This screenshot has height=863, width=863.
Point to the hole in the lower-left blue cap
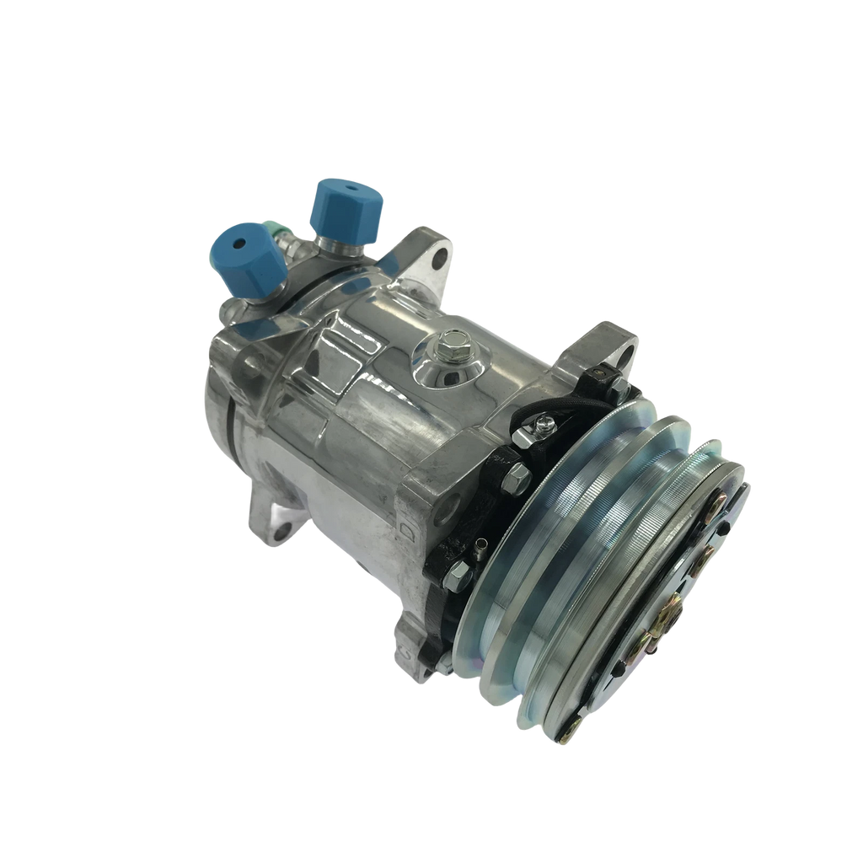[239, 243]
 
